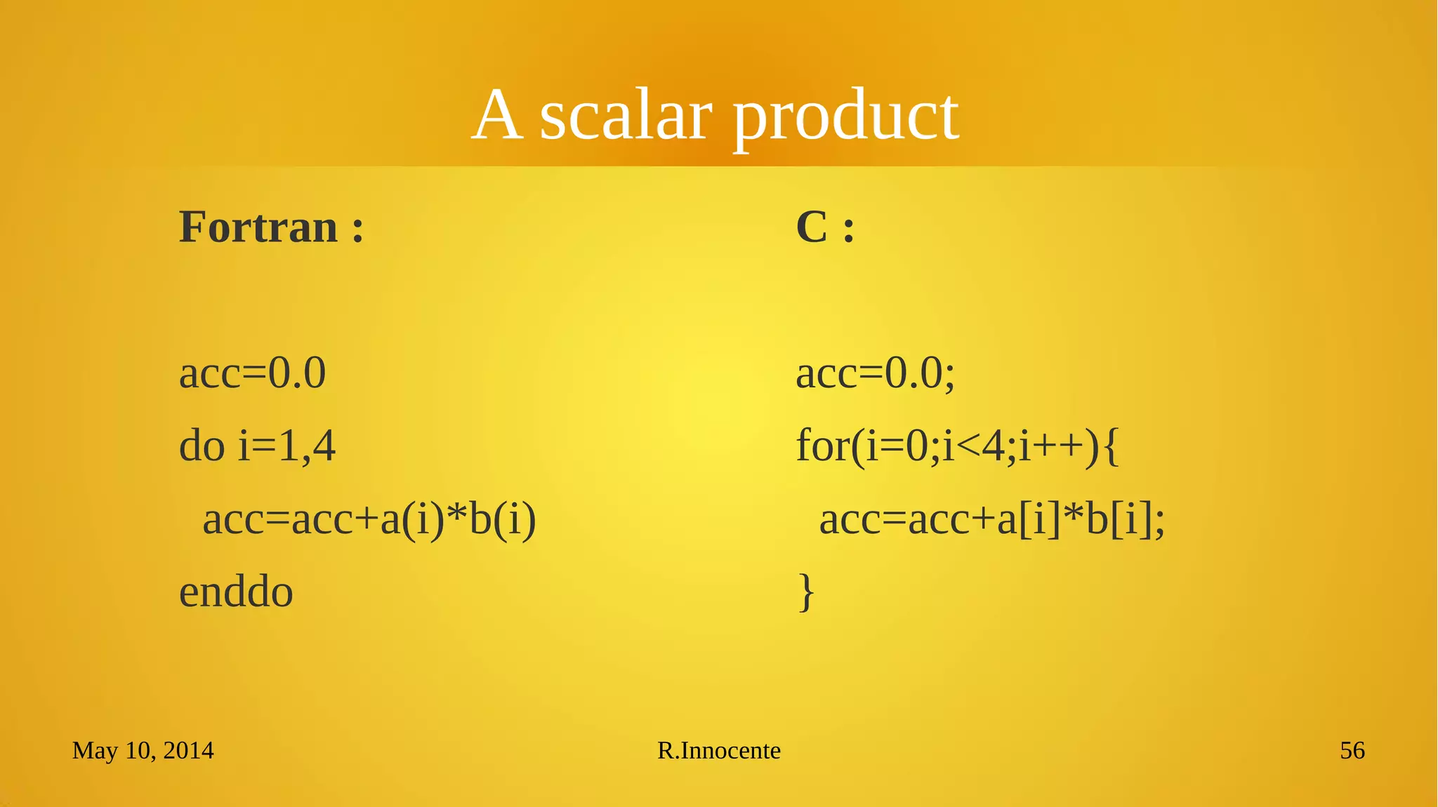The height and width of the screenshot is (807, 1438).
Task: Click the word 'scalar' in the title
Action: pyautogui.click(x=626, y=116)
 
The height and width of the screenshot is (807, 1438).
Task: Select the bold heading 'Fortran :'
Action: pyautogui.click(x=271, y=227)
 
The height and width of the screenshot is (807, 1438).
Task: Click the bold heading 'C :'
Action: pyautogui.click(x=825, y=227)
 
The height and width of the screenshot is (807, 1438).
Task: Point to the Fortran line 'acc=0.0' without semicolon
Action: pyautogui.click(x=252, y=373)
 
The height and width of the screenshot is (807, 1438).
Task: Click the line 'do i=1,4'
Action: pyautogui.click(x=257, y=446)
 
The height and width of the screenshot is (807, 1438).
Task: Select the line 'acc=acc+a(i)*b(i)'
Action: pyautogui.click(x=369, y=520)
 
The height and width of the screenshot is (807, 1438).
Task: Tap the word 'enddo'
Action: pyautogui.click(x=236, y=592)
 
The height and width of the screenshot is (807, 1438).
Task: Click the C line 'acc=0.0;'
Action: pyautogui.click(x=875, y=373)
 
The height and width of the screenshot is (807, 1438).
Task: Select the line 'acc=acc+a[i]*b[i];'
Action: pyautogui.click(x=991, y=520)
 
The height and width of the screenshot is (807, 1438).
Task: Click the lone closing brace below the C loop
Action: pyautogui.click(x=807, y=592)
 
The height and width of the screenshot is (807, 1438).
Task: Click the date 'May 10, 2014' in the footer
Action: pyautogui.click(x=143, y=751)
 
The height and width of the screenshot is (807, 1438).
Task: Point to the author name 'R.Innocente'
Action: pyautogui.click(x=718, y=751)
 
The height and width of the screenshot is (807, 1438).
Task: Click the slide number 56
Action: pyautogui.click(x=1352, y=751)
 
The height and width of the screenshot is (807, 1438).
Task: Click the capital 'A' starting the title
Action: pyautogui.click(x=497, y=116)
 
